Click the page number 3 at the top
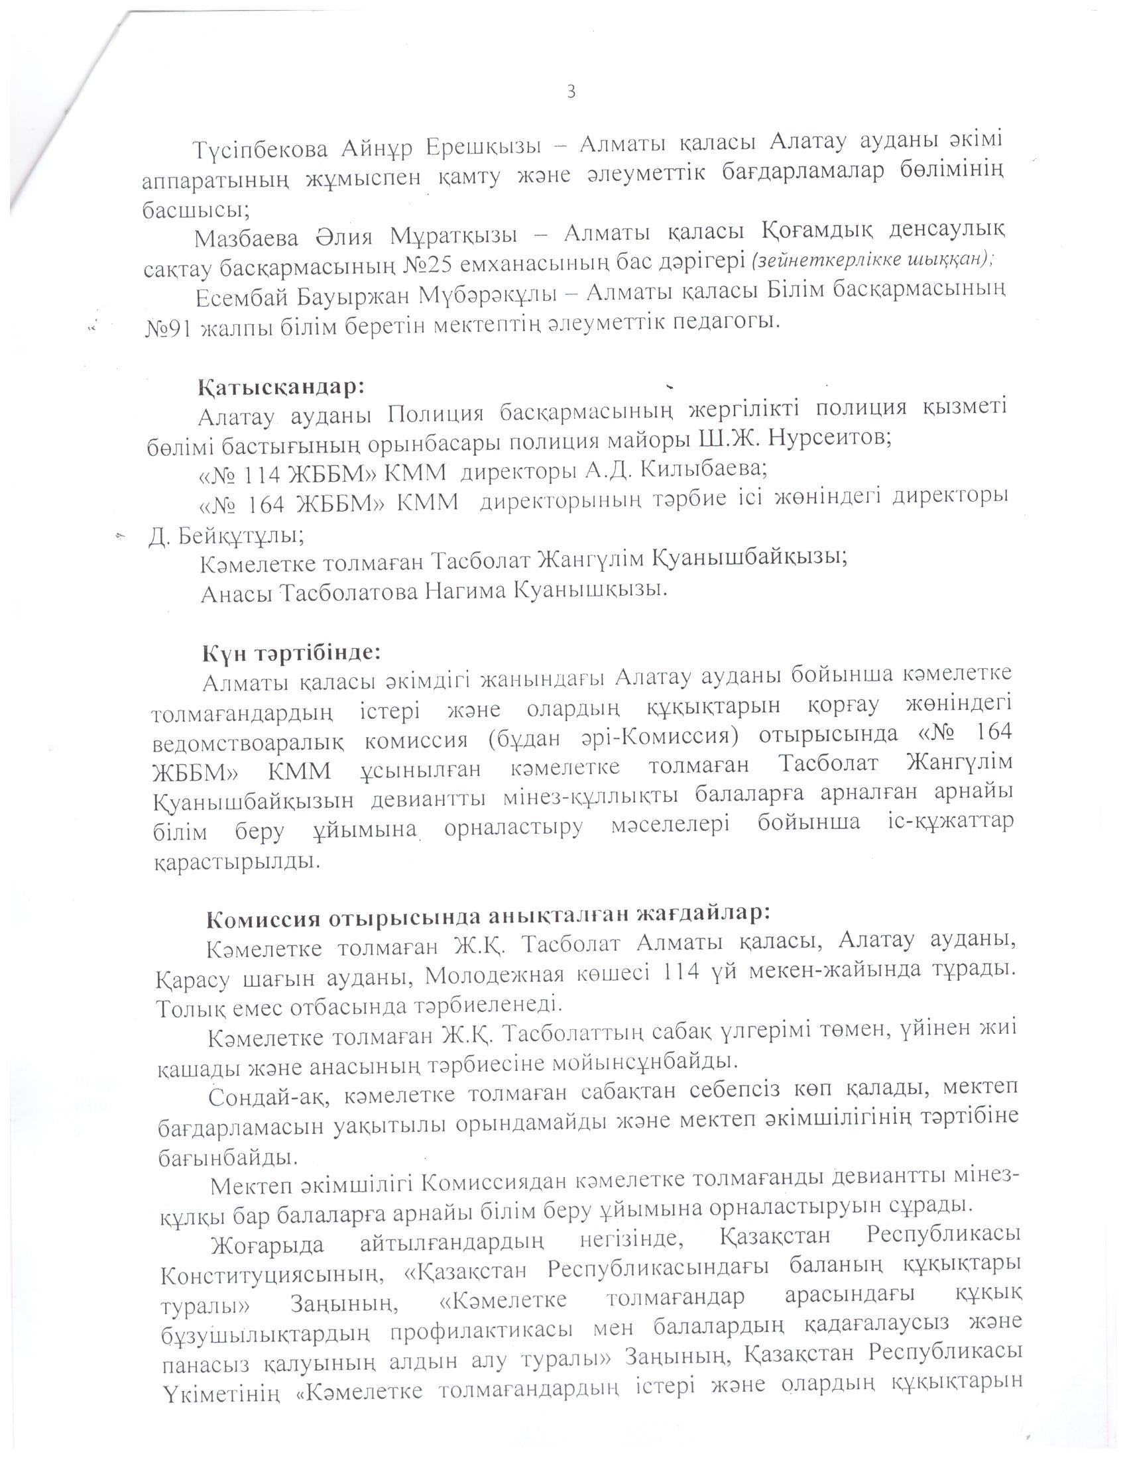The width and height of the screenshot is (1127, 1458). [x=571, y=92]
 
